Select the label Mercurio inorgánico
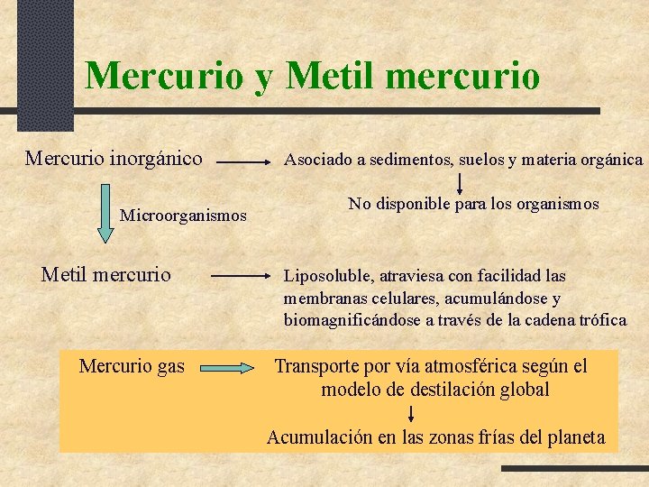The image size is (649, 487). coord(114,160)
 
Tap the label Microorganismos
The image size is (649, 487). coord(183,216)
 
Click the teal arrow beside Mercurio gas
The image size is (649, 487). coord(228,368)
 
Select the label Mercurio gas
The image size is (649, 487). coord(132,366)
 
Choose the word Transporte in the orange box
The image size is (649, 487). coord(317,367)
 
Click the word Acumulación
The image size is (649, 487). coord(318,438)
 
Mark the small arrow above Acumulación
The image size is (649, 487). coord(411,414)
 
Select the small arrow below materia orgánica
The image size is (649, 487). coord(461,185)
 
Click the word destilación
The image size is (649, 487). coord(445,391)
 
